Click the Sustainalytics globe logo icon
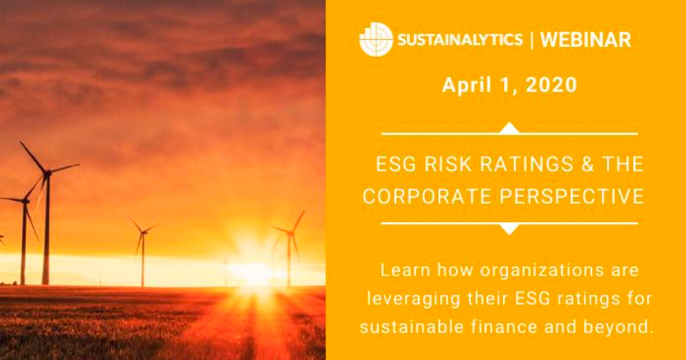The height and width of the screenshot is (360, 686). point(376,39)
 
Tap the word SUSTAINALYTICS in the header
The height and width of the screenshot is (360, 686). point(458,40)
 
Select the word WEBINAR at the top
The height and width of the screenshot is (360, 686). point(585,40)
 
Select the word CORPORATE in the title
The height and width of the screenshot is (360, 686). point(426,197)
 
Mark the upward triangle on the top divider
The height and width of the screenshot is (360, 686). point(509,128)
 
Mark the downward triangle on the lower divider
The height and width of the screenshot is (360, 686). point(509,228)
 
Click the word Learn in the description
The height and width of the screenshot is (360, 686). point(402,271)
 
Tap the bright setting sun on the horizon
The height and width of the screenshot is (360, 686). point(252,270)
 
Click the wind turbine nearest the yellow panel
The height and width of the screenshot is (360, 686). point(290,237)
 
